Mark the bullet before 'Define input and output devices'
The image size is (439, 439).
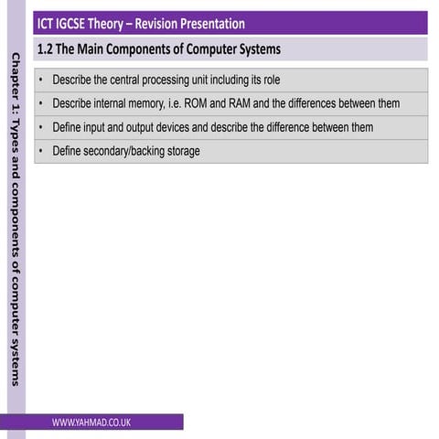[x=42, y=127]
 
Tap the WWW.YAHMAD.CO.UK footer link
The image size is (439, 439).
[x=91, y=422]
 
